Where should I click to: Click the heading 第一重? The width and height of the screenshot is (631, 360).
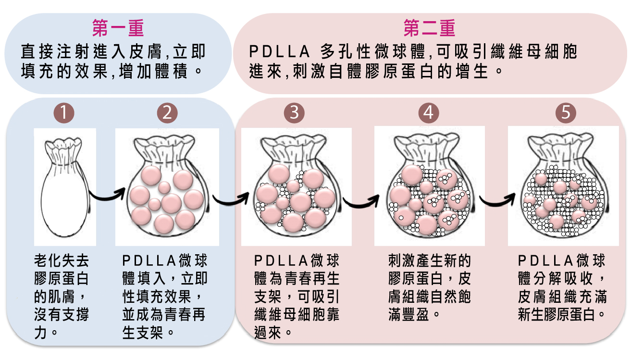tap(118, 28)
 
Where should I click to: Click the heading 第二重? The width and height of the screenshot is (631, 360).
tap(429, 28)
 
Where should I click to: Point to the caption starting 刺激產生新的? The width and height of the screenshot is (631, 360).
tap(429, 288)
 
